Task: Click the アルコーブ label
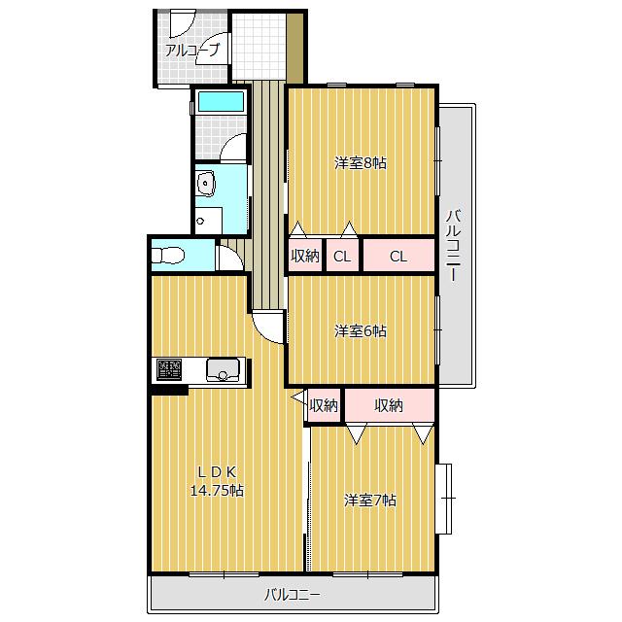(x=191, y=51)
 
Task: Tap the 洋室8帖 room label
(x=361, y=163)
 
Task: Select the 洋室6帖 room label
(x=361, y=330)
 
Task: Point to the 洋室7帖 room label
(x=369, y=501)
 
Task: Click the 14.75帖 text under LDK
(x=217, y=491)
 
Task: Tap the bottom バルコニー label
(x=293, y=595)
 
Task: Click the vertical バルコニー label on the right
(x=454, y=246)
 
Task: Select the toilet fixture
(x=168, y=255)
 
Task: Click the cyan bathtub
(x=221, y=101)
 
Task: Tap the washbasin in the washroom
(x=205, y=184)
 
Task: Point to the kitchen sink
(x=223, y=369)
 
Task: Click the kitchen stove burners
(x=169, y=369)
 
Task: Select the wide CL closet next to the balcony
(x=398, y=256)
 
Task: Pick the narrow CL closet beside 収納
(x=342, y=256)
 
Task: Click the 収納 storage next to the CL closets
(x=305, y=256)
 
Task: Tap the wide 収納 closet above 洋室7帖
(x=389, y=405)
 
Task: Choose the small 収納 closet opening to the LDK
(x=324, y=405)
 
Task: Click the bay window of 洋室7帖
(x=443, y=499)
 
